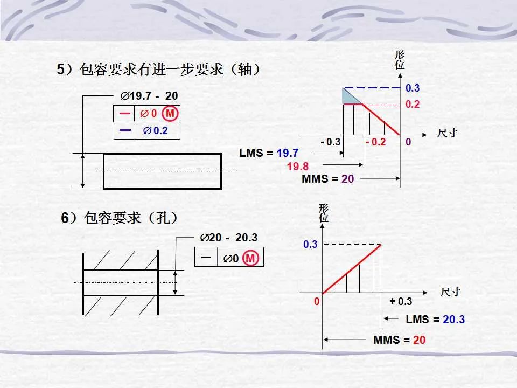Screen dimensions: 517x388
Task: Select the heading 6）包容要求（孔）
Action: coord(120,218)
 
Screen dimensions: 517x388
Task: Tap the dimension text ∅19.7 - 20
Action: coord(149,96)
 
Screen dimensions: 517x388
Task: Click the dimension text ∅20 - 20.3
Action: coord(228,238)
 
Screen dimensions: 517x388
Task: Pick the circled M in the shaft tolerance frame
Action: coord(170,114)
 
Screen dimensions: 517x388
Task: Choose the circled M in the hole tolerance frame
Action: coord(250,259)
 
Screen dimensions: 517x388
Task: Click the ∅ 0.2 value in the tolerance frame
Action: coord(155,131)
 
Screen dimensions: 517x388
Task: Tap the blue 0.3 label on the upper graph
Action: coord(413,88)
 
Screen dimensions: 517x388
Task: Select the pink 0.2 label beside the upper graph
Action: coord(413,105)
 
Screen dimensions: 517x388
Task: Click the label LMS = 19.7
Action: coord(269,153)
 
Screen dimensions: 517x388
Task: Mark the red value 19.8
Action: coord(297,166)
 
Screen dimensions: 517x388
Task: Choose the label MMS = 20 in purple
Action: coord(327,179)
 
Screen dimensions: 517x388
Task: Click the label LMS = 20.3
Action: coord(435,320)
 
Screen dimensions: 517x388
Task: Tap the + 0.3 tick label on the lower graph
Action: coord(401,301)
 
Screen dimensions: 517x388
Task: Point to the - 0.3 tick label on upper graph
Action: coord(330,142)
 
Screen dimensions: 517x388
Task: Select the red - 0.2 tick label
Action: coord(375,142)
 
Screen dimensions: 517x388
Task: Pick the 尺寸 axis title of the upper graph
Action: coord(446,133)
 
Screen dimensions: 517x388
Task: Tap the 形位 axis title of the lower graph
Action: coord(324,213)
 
